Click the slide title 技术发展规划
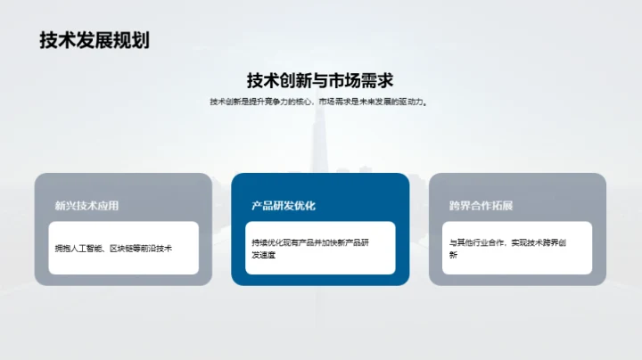pyautogui.click(x=94, y=40)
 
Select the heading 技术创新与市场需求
pyautogui.click(x=320, y=80)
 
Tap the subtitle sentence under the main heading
pyautogui.click(x=320, y=102)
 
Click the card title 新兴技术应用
pyautogui.click(x=86, y=206)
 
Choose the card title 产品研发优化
pyautogui.click(x=284, y=206)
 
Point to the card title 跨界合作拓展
pyautogui.click(x=481, y=206)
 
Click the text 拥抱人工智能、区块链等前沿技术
pyautogui.click(x=113, y=247)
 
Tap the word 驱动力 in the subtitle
pyautogui.click(x=413, y=102)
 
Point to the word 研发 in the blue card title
pyautogui.click(x=284, y=206)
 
